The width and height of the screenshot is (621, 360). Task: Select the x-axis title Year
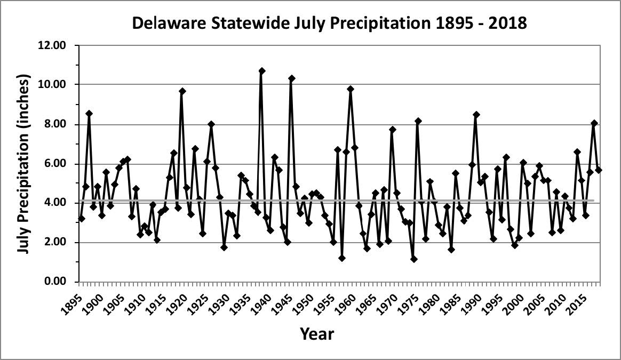coord(316,334)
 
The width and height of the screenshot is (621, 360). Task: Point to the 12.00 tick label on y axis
coord(52,45)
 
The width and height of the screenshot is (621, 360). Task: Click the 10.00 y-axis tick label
coord(52,85)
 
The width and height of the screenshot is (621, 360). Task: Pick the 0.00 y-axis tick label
coord(54,282)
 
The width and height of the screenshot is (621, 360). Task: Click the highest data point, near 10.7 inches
coord(262,71)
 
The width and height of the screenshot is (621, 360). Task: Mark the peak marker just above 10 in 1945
coord(292,78)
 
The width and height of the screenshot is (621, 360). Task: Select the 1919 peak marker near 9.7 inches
coord(182,91)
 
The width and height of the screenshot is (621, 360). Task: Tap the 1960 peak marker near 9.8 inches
coord(351,89)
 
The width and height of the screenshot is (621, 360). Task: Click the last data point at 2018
coord(599,170)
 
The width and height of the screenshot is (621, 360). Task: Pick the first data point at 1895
coord(82,219)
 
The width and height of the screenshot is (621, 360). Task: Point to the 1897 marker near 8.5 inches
coord(89,114)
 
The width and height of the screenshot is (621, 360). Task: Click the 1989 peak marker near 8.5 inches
coord(476,115)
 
